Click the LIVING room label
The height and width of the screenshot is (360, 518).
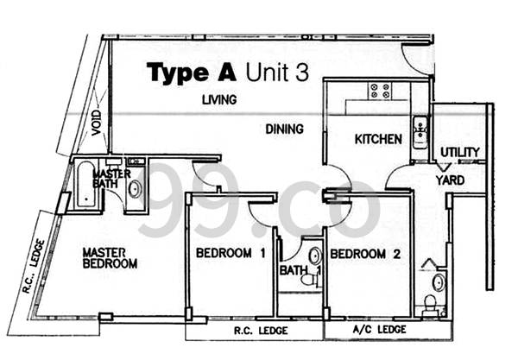(219, 99)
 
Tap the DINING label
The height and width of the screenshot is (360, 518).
(284, 129)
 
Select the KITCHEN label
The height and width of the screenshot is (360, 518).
(378, 139)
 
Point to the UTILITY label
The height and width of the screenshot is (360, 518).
(460, 152)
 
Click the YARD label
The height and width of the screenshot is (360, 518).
(450, 180)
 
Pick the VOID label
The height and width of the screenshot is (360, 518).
(96, 123)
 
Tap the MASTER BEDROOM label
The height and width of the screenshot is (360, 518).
(110, 258)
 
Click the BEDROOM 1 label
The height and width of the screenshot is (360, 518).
(231, 253)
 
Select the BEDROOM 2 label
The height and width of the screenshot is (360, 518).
(365, 254)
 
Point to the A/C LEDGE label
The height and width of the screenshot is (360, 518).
(379, 329)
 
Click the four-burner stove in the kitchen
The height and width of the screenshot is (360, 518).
(380, 91)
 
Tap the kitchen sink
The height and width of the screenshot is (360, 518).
(420, 132)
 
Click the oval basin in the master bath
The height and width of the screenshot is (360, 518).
(135, 189)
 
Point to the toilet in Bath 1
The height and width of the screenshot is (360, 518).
(309, 280)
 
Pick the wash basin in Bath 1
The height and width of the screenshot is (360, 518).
(315, 256)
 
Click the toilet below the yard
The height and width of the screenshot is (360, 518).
(431, 306)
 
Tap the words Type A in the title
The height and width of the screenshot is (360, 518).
(192, 73)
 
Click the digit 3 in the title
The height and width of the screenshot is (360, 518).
(302, 73)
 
